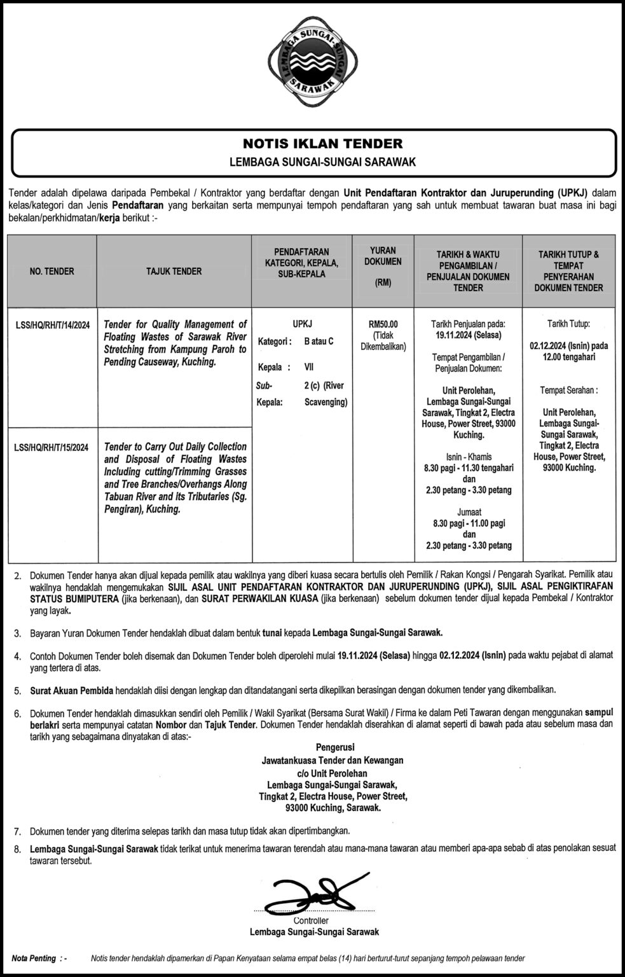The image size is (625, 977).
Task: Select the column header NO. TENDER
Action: coord(52,272)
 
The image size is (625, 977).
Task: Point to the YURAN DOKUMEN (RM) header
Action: coord(383,267)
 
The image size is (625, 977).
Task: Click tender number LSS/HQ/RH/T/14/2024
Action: coord(52,325)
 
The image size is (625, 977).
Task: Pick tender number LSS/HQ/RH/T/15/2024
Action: coord(52,447)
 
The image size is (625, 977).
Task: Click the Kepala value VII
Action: coord(309,367)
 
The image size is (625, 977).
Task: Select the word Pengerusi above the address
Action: coord(335,747)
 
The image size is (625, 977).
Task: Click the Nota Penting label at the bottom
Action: coord(34,959)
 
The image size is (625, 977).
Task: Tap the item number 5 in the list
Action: coord(17,689)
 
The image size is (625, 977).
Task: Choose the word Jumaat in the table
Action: coord(468,511)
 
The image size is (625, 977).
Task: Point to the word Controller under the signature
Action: coord(311,921)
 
